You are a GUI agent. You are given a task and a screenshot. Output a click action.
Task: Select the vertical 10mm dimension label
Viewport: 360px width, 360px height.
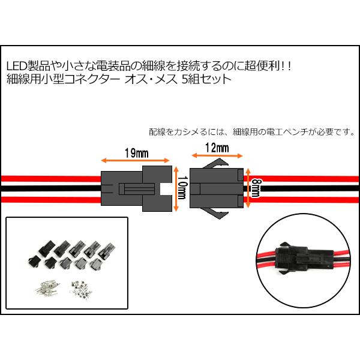181,188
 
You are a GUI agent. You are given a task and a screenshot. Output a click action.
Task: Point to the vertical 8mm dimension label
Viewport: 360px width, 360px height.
255,188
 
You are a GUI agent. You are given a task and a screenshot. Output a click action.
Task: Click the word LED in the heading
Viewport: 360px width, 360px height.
17,65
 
